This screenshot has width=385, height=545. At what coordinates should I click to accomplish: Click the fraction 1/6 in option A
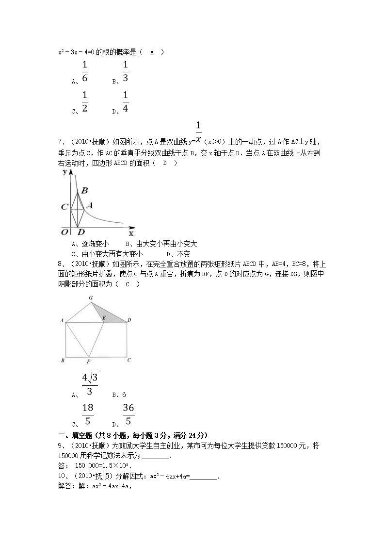[x=84, y=72]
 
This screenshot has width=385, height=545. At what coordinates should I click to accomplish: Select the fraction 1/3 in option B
[x=125, y=72]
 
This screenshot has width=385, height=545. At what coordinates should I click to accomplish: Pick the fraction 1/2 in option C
[x=84, y=102]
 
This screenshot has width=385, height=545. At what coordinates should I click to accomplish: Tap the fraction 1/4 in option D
[x=125, y=102]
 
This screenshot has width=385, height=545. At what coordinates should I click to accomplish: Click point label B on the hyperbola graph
[x=84, y=191]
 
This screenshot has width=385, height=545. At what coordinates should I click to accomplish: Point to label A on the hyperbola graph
[x=89, y=205]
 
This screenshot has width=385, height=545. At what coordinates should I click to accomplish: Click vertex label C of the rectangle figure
[x=128, y=360]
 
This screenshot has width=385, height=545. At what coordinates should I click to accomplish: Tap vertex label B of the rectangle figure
[x=63, y=360]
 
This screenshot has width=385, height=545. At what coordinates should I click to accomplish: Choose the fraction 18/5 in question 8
[x=88, y=414]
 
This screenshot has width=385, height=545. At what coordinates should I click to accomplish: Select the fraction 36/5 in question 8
[x=128, y=414]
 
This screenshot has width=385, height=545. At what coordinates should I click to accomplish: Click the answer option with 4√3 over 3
[x=90, y=384]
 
